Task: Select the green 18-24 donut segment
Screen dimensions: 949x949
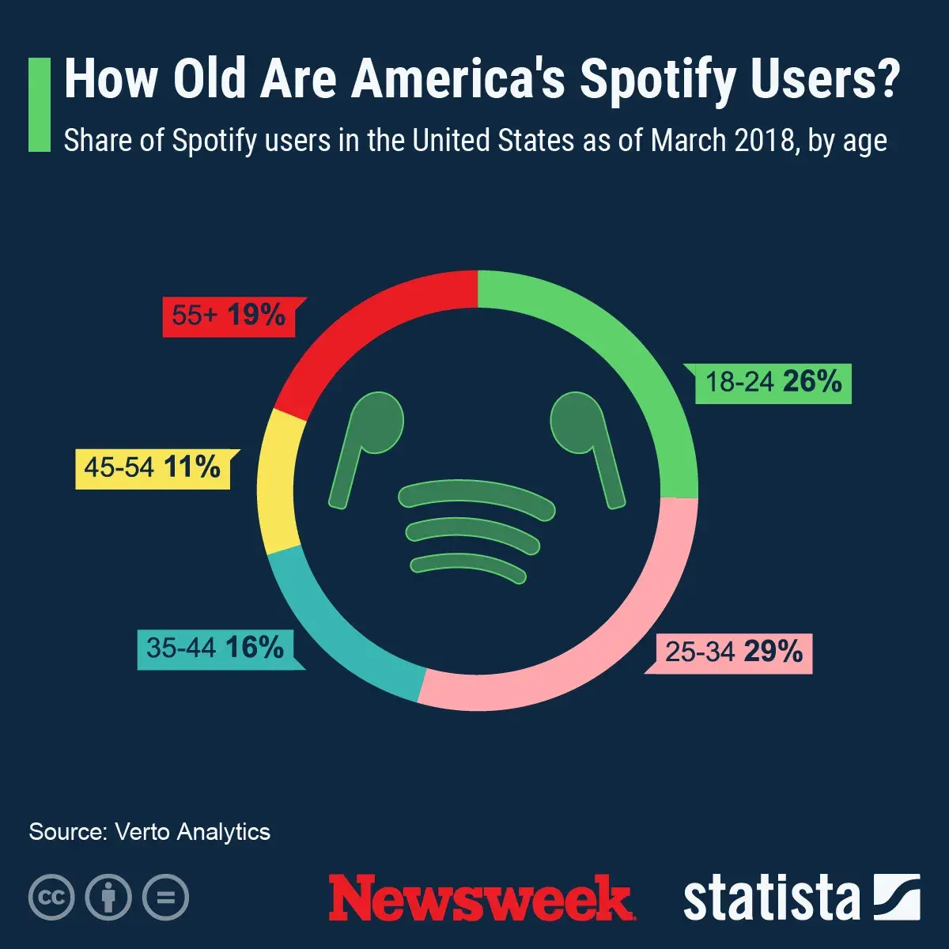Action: click(x=633, y=356)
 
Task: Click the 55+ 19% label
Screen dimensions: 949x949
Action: click(x=229, y=316)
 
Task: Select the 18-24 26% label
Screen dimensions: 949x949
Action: click(x=773, y=383)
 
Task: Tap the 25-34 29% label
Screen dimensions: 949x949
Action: click(x=733, y=652)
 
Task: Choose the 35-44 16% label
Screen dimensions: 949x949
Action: click(x=215, y=648)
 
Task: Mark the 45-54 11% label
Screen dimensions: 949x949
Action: click(x=153, y=468)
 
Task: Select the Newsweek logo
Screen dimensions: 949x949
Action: click(x=480, y=898)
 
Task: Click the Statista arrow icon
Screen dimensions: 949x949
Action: click(x=896, y=898)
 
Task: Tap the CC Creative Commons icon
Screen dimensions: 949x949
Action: click(x=51, y=898)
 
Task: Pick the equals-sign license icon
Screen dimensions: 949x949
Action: click(x=165, y=898)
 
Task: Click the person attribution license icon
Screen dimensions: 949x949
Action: click(x=108, y=898)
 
